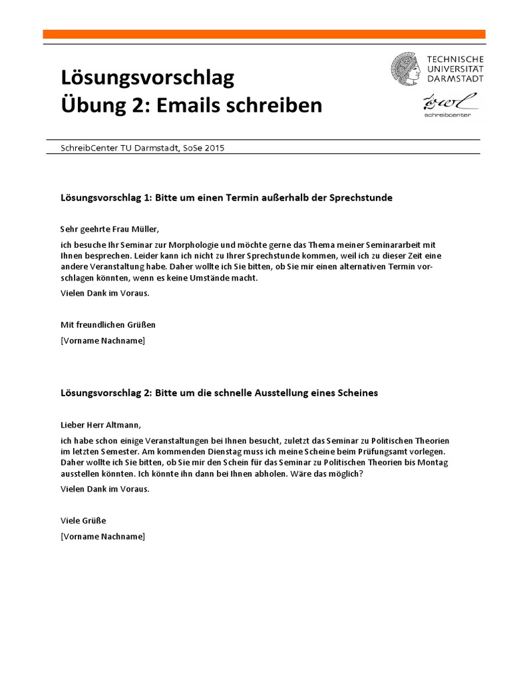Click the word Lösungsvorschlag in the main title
point(147,79)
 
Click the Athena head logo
point(405,69)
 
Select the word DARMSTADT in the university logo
point(456,78)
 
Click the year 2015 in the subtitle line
point(214,148)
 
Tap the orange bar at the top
point(262,34)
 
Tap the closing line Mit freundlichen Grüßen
point(108,325)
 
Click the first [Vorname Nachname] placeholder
point(102,341)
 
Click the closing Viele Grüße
point(83,521)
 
